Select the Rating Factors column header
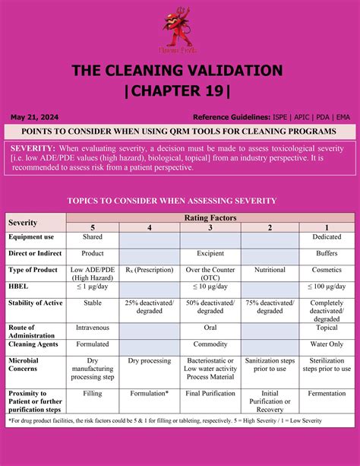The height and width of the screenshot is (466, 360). (210, 217)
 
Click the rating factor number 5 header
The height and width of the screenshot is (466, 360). (93, 227)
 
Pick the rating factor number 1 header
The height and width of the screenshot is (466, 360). (327, 227)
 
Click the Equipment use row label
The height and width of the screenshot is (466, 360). (30, 237)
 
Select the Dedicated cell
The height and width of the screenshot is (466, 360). (327, 237)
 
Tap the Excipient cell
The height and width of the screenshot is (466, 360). (210, 253)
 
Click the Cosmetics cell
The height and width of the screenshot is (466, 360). (327, 270)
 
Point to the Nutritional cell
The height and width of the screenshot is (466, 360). (270, 270)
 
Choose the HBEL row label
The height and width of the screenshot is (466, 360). (18, 286)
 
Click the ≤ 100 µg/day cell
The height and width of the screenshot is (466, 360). (327, 286)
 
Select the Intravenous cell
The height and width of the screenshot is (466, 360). (93, 328)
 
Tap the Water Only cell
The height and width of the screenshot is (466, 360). (327, 344)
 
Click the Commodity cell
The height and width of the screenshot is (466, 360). (210, 344)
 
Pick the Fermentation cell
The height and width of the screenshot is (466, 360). (327, 393)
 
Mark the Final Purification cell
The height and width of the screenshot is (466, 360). (210, 393)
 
